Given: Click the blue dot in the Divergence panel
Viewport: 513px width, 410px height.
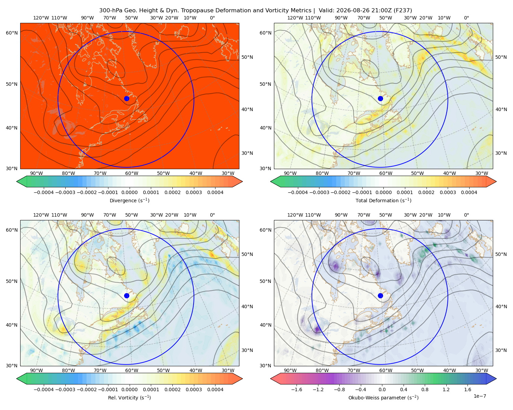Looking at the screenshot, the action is point(127,98).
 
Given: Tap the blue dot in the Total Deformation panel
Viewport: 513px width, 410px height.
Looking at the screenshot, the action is point(380,98).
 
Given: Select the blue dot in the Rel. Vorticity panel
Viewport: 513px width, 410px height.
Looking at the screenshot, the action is point(127,296).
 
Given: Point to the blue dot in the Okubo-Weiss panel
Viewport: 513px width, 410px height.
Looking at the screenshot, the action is point(380,296).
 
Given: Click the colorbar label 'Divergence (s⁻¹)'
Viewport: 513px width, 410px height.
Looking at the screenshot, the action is point(129,200).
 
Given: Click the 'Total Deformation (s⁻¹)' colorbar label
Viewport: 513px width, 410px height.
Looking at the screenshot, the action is point(383,200).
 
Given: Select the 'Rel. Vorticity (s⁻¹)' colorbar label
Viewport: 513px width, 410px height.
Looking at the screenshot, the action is point(129,397).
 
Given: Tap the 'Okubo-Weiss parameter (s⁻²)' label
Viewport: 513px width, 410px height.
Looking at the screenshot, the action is point(383,397).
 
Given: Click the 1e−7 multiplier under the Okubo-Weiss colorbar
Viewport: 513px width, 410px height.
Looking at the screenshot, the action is point(479,396).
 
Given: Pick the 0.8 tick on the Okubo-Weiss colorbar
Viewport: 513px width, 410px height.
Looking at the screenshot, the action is point(425,389).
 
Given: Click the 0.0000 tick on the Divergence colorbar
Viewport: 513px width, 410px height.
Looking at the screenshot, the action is point(129,192).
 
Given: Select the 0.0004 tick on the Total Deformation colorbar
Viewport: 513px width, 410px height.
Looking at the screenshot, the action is point(469,192).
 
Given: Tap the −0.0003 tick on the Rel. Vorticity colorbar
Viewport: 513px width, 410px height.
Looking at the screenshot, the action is point(65,389).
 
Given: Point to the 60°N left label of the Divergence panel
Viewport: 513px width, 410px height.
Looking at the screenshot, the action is point(12,33).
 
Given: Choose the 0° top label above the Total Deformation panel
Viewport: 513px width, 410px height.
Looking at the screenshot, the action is point(466,18).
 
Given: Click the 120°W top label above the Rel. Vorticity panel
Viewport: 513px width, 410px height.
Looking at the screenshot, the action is point(41,215).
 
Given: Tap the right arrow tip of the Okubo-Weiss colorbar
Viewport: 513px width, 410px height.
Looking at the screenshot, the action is point(496,379).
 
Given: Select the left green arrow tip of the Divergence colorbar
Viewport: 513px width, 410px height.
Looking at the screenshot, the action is point(17,181).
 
